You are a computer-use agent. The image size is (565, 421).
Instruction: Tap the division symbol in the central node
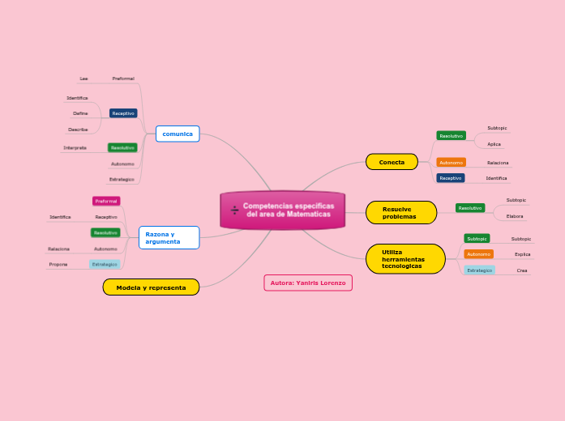coord(235,210)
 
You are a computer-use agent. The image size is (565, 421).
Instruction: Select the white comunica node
coord(178,134)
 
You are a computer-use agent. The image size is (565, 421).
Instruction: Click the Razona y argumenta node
coord(169,237)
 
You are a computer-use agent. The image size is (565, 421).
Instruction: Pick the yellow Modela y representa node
coord(151,287)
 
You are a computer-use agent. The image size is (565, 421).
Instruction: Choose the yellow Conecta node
coord(392,162)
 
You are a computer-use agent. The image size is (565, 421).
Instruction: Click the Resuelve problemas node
coord(401,212)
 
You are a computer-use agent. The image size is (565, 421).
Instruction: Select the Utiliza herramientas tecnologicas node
coord(404,259)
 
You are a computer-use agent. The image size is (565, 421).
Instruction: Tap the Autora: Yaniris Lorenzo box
coord(308,283)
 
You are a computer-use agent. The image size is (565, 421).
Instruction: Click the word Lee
coord(83,79)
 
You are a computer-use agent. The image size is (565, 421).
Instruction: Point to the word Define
coord(80,113)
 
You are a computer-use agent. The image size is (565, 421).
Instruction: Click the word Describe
coord(78,130)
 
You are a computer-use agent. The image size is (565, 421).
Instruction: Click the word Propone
coord(58,264)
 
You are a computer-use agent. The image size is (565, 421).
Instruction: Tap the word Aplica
coord(494,144)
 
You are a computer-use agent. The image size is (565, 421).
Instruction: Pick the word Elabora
coord(515,216)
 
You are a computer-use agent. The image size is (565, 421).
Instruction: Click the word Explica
coord(522,254)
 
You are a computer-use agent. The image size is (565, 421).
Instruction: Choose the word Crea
coord(522,270)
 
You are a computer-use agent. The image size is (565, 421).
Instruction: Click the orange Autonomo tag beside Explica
coord(479,254)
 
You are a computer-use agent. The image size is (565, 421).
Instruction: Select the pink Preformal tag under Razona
coord(106,201)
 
